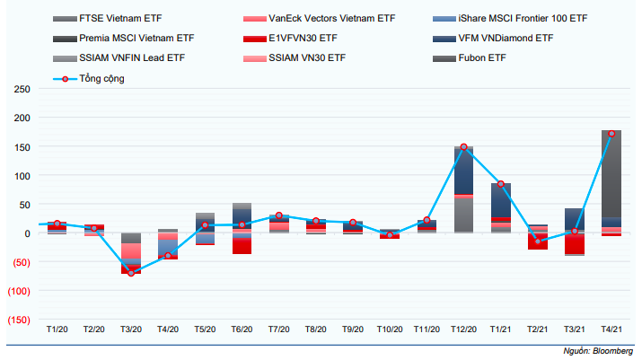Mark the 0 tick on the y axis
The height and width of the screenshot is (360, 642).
(x=28, y=233)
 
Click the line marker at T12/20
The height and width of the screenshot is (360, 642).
(x=463, y=147)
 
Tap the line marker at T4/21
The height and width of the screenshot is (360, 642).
(x=611, y=134)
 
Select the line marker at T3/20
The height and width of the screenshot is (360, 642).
(x=131, y=273)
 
